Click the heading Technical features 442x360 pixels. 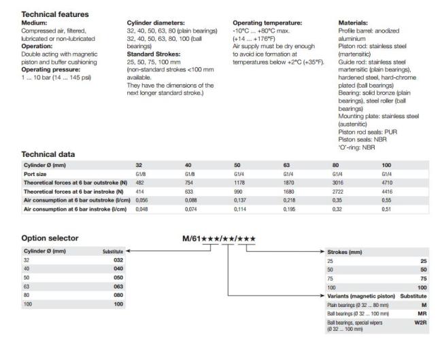pos(54,14)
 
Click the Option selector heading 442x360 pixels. pos(49,238)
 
